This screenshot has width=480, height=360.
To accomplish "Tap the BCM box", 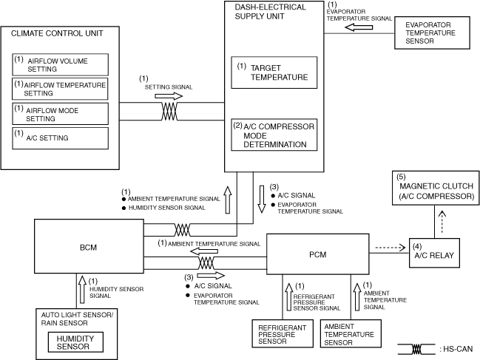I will point(89,246).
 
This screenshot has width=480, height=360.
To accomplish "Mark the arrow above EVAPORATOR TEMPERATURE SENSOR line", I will point(362,27).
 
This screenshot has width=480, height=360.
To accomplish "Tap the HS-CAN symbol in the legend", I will point(417,347).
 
